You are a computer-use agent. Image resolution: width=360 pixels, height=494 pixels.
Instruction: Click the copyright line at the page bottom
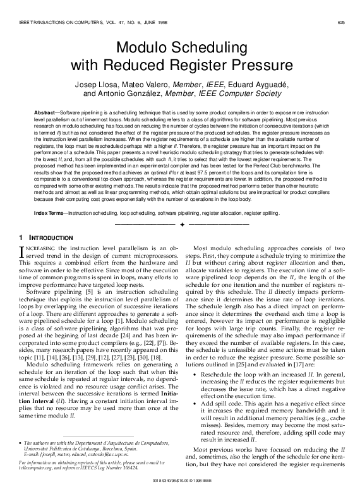pos(179,487)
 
